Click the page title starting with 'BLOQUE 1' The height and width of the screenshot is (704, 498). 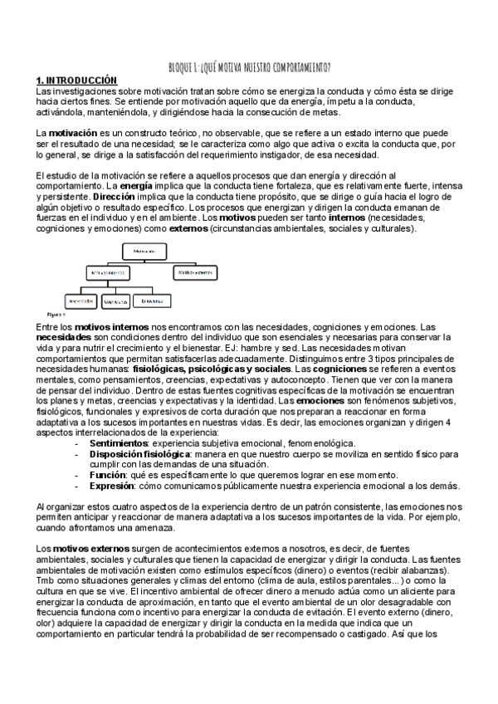249,67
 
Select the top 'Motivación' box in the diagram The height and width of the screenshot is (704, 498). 146,249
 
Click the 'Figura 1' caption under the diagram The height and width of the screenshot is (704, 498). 56,315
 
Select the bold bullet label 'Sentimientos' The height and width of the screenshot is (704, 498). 118,444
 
